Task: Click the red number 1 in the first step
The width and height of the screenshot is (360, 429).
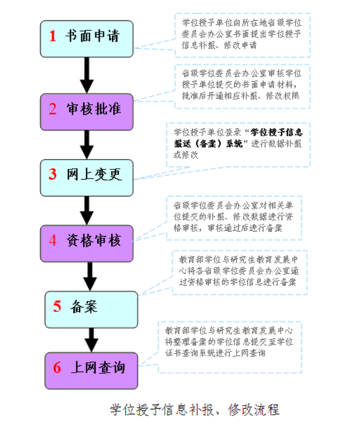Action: [53, 36]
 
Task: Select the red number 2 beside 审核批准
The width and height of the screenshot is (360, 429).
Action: [53, 109]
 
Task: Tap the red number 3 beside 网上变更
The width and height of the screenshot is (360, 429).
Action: [53, 174]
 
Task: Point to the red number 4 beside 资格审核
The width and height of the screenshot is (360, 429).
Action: [53, 240]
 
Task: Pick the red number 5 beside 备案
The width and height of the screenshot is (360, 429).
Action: [57, 306]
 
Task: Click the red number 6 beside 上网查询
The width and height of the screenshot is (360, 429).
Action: [57, 367]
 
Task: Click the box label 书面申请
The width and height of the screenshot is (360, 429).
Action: [92, 36]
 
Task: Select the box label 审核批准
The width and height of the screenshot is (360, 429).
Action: [94, 109]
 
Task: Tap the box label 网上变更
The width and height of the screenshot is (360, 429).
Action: [94, 174]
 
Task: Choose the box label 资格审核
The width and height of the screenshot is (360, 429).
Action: [94, 240]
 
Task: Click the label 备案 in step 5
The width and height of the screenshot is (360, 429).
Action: [84, 306]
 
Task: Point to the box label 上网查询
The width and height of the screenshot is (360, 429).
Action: [98, 367]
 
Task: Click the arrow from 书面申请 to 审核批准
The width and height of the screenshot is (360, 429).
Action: [87, 75]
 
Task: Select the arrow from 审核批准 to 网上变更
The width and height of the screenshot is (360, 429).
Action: [87, 145]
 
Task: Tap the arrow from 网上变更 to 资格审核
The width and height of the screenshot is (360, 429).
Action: [87, 211]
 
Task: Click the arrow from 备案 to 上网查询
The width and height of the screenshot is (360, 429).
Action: [91, 340]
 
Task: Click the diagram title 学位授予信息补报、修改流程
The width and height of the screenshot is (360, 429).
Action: [195, 410]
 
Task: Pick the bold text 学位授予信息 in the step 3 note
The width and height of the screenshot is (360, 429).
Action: [276, 133]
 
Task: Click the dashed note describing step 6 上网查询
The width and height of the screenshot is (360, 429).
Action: [230, 347]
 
